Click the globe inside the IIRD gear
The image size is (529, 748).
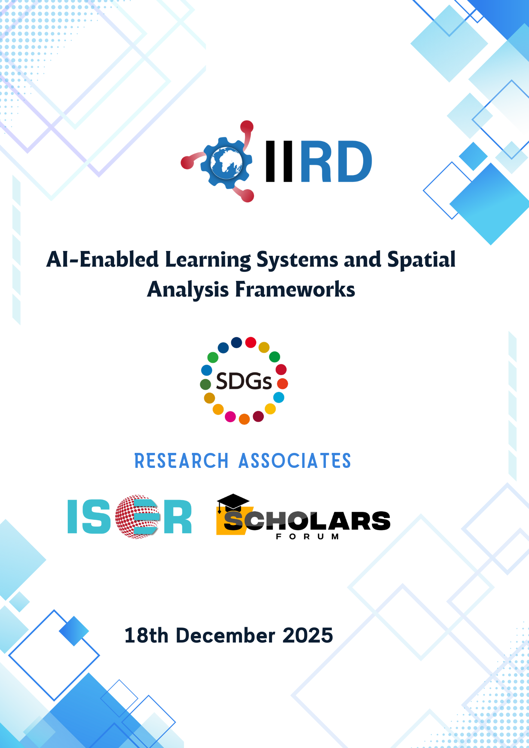coord(226,163)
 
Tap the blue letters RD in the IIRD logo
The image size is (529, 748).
coord(336,162)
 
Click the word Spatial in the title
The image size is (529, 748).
coord(421,259)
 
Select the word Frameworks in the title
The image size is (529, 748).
coord(295,289)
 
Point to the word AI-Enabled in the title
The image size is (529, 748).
coord(103,259)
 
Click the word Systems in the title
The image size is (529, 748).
coord(297,260)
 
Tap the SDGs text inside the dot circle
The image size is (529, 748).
coord(244,381)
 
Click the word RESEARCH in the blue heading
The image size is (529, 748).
coord(181,461)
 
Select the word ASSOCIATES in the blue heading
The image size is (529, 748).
coord(295,461)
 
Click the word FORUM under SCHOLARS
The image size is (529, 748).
coord(307,537)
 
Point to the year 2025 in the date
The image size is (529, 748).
coord(308,635)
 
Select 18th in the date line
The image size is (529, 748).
coord(146,635)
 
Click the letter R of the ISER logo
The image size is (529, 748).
coord(177,517)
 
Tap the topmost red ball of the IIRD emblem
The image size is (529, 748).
coord(247,127)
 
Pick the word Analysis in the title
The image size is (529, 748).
coord(188,289)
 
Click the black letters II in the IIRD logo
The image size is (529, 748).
coord(279,162)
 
